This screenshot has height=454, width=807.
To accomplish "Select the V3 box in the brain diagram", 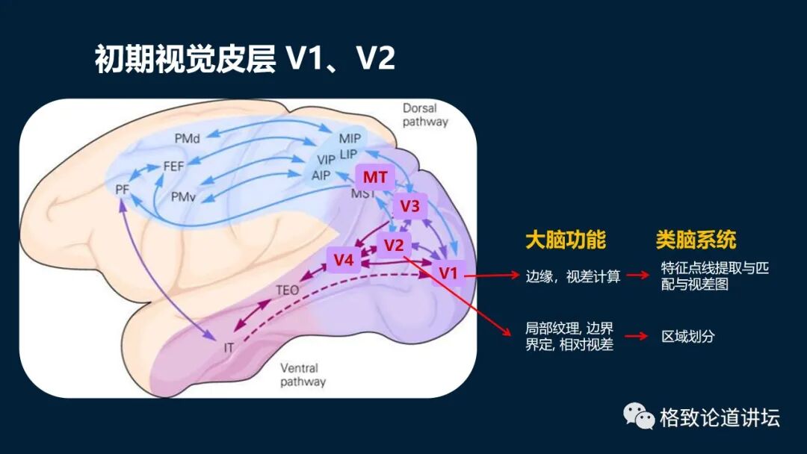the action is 409,206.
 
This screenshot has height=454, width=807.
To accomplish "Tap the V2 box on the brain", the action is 394,245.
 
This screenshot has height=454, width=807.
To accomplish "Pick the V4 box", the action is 344,260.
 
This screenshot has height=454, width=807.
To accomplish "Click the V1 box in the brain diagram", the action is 448,273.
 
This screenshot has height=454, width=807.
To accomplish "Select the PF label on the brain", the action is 123,190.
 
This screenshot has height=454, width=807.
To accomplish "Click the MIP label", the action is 349,139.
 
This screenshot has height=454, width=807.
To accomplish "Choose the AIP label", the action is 321,175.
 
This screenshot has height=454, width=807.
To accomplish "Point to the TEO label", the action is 288,290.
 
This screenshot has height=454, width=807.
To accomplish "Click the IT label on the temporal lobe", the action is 229,347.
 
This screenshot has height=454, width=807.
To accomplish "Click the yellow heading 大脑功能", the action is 565,239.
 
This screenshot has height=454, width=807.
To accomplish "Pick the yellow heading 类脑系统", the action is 696,239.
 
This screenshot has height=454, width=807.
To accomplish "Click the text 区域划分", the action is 687,336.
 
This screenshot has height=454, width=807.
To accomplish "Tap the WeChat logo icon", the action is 639,416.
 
